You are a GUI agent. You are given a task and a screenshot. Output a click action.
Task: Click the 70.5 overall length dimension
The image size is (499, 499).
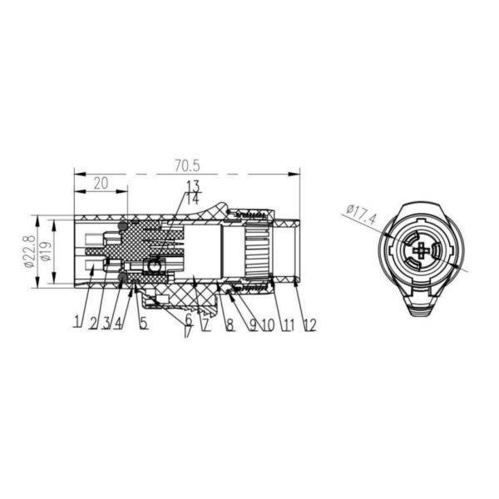pos(187,166)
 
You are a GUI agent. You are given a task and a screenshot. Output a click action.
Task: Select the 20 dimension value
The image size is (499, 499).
pos(100,183)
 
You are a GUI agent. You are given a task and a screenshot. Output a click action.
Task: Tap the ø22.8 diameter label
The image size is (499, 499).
pos(29,252)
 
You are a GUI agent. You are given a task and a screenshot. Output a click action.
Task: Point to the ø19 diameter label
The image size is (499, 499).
pos(47,252)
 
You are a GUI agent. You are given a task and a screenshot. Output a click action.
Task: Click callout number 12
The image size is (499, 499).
pos(309,325)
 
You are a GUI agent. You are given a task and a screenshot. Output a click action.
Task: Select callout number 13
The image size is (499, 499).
pos(192,186)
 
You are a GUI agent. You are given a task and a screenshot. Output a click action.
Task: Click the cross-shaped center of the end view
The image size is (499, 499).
pos(422,251)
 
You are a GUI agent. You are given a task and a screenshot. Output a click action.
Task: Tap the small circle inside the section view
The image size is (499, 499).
pos(153,266)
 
